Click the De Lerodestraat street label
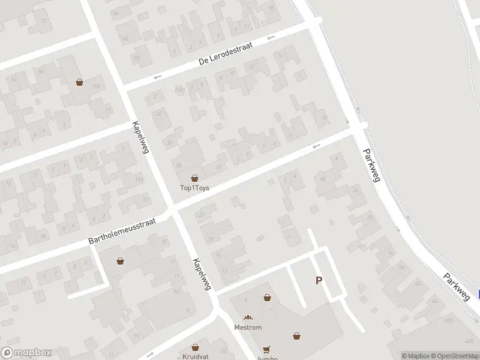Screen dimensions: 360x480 click(226, 53)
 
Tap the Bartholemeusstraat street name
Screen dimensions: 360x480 click(122, 230)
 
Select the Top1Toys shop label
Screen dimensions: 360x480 click(194, 188)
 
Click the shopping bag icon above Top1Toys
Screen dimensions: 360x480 click(194, 178)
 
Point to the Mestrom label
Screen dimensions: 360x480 click(248, 328)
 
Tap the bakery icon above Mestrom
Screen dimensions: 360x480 click(248, 317)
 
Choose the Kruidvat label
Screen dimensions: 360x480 click(195, 356)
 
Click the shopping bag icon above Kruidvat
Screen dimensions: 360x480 click(195, 347)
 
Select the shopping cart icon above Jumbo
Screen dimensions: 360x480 click(266, 349)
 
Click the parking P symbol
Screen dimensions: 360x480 click(319, 280)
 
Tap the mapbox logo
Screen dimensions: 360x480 click(26, 353)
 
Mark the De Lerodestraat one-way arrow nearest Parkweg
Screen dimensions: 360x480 click(271, 38)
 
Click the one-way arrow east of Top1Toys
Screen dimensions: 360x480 click(316, 145)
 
